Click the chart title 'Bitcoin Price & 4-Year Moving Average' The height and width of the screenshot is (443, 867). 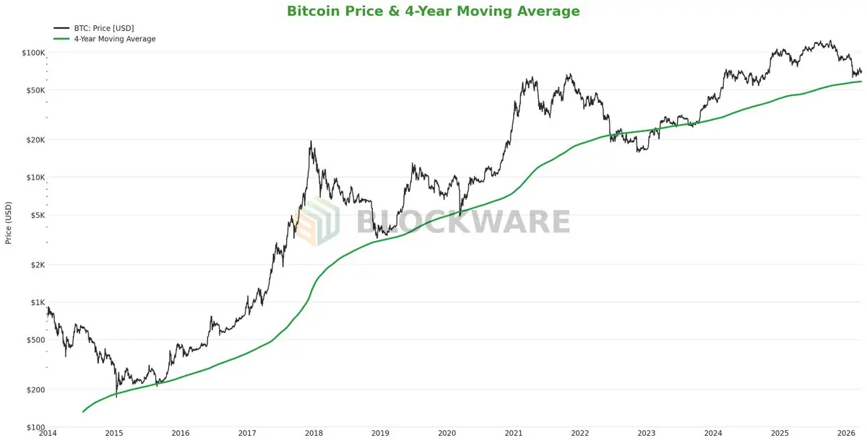[433, 11]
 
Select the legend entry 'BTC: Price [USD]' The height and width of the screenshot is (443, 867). [104, 28]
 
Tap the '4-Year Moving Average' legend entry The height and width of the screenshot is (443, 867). [114, 39]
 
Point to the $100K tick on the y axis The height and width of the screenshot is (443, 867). [33, 53]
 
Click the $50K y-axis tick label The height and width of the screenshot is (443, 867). [33, 90]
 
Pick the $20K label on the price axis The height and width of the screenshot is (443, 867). [33, 140]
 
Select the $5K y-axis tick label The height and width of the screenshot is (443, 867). [35, 215]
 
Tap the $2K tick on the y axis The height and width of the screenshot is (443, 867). [35, 265]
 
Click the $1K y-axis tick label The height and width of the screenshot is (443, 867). [35, 302]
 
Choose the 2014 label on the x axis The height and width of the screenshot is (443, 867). [48, 433]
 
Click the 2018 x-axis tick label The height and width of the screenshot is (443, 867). [314, 433]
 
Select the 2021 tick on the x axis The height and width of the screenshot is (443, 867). [514, 433]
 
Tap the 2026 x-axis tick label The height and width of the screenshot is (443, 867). [846, 433]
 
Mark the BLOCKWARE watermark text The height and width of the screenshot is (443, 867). [462, 221]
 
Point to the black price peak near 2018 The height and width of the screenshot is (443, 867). [311, 141]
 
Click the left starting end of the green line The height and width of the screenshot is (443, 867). [83, 412]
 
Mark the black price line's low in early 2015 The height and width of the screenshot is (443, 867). [116, 396]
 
